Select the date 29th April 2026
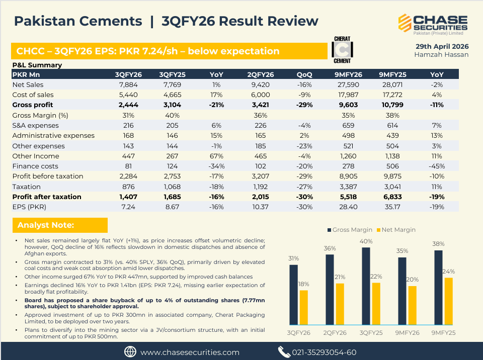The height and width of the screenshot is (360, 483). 442,46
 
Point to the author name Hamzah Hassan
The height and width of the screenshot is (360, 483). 441,54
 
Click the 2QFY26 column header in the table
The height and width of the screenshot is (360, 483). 260,74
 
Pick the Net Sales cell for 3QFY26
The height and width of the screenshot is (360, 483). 128,84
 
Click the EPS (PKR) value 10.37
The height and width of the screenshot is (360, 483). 260,207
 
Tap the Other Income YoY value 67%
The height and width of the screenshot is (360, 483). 216,156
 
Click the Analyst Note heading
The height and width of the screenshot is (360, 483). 46,225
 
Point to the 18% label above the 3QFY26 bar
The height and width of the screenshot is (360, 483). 304,284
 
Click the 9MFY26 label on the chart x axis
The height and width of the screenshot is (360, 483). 408,332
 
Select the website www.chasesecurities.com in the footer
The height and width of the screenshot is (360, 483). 190,352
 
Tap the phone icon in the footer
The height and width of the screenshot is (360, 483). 284,352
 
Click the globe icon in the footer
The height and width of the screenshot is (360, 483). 130,352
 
